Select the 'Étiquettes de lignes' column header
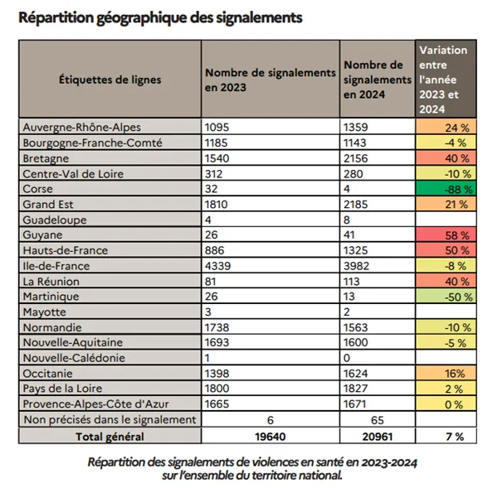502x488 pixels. (x=110, y=80)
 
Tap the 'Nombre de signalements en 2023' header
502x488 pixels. (x=269, y=80)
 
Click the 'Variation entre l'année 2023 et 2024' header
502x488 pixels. (x=444, y=80)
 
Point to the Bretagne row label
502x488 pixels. (x=48, y=158)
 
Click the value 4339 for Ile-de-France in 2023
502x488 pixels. (x=219, y=266)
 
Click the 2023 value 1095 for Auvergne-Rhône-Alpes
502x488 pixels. (x=219, y=128)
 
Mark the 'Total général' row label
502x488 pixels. (x=110, y=436)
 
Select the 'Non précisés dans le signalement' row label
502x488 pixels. (x=110, y=420)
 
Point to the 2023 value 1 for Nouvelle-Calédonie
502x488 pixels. (x=208, y=358)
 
